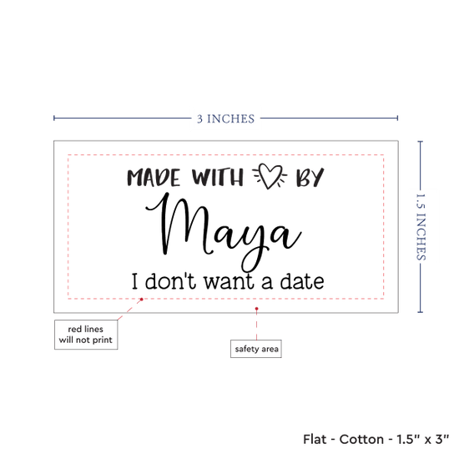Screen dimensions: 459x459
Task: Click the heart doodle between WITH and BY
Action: (270, 176)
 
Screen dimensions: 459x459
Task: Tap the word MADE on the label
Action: (154, 178)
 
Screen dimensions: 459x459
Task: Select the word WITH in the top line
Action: (218, 177)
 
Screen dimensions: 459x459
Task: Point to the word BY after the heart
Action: (310, 178)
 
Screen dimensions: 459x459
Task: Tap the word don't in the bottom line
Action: (170, 281)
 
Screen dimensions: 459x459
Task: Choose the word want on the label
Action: (229, 282)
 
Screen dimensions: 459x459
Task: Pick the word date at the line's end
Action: (302, 281)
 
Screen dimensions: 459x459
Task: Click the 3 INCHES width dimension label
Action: (225, 119)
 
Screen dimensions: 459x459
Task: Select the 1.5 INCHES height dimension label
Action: (421, 227)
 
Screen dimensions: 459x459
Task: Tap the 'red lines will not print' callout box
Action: (86, 335)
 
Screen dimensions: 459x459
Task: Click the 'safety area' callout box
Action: (256, 349)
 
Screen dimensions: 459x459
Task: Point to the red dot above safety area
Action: (256, 309)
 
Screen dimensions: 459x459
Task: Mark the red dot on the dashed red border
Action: (141, 299)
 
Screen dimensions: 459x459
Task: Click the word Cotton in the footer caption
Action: (361, 439)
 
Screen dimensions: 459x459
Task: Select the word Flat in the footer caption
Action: (315, 439)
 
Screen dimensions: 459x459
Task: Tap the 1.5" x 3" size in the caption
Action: (423, 439)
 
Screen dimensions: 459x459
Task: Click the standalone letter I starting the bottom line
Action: (134, 281)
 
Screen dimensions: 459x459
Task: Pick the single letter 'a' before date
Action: (267, 283)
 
